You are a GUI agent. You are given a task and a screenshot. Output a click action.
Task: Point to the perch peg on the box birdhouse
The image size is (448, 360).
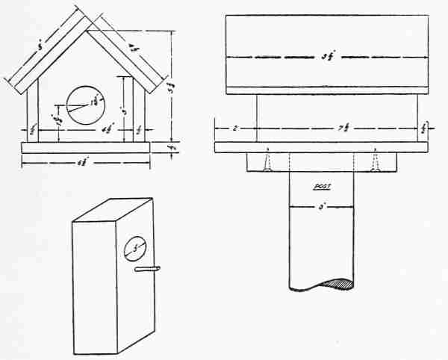click(x=148, y=268)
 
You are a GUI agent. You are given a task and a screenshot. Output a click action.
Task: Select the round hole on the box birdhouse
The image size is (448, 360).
click(x=134, y=246)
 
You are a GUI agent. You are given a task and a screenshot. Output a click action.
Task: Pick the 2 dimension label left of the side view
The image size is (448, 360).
click(x=234, y=128)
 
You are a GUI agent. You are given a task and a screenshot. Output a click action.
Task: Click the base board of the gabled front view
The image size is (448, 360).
click(x=85, y=148)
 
